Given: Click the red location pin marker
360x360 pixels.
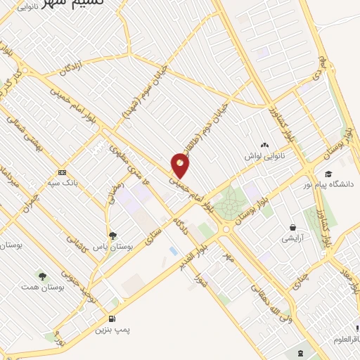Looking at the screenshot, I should pos(181,164).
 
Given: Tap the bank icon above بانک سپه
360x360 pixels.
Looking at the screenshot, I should pos(62,172).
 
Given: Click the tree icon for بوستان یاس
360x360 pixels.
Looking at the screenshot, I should pos(112,236).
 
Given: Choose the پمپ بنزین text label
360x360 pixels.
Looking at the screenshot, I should pos(112,329).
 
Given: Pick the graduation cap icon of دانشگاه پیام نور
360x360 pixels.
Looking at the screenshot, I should pos(328,174).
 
